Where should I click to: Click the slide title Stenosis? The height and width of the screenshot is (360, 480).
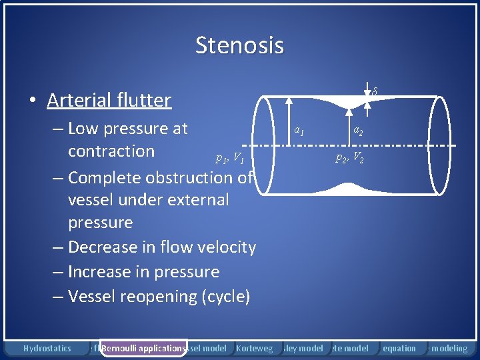click(239, 45)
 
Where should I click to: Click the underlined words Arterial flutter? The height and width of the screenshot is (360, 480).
click(109, 100)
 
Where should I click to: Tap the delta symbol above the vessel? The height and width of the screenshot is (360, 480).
click(375, 91)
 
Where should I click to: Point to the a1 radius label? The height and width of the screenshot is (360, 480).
click(300, 131)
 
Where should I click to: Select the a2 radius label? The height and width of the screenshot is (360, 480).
click(358, 131)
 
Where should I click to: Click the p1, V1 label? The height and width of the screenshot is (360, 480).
click(229, 159)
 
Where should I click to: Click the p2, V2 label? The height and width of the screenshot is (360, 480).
click(349, 159)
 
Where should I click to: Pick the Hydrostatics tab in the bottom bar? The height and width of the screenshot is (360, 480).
click(47, 348)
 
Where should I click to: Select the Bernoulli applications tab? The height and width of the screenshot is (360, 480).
click(143, 348)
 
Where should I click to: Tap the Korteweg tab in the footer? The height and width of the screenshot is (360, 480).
click(254, 348)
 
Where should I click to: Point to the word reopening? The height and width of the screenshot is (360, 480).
click(159, 297)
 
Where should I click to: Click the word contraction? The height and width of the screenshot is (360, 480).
click(111, 151)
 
